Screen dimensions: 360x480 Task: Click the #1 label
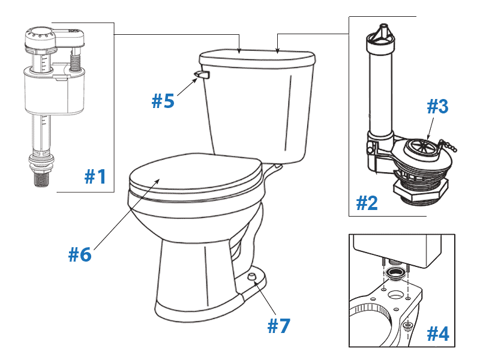(95, 176)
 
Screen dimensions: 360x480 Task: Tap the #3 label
(437, 107)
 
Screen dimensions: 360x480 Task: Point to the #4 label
(437, 334)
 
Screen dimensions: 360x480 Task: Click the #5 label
(163, 101)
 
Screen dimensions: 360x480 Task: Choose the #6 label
(79, 254)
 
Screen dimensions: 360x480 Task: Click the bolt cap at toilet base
(252, 275)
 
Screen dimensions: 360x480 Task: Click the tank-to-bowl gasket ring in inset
(394, 275)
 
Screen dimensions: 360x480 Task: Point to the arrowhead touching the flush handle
(196, 78)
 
